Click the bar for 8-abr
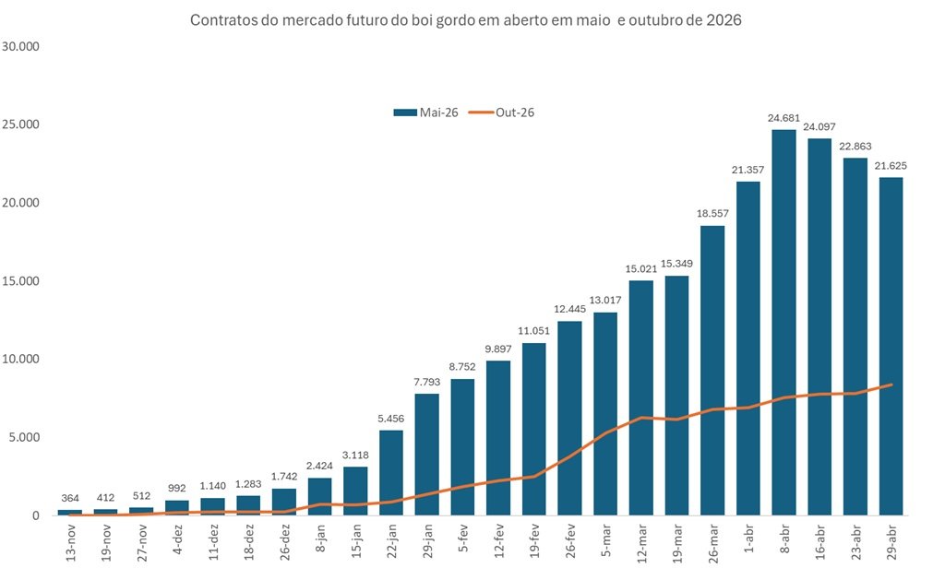783,323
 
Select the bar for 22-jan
391,472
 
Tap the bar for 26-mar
712,370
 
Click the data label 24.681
783,118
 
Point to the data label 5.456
391,419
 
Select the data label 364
70,499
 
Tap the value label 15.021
640,269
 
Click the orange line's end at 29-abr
891,385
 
